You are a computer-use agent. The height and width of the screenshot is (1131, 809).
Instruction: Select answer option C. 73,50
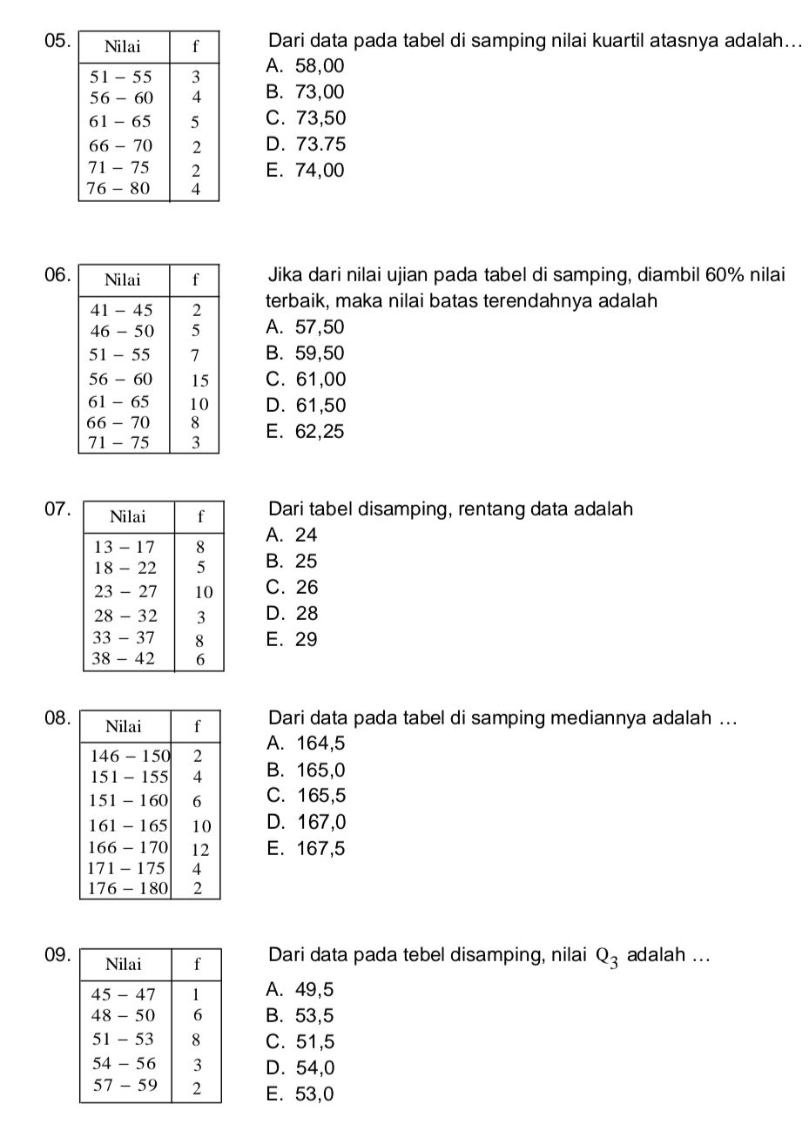307,118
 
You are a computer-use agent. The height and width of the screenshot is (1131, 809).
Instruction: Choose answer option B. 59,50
307,353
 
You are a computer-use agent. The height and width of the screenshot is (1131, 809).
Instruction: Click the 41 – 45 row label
122,309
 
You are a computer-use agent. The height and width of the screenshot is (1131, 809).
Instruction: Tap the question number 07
54,509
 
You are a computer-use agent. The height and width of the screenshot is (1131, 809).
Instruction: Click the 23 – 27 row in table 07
125,592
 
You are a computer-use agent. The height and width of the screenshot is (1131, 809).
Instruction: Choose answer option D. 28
294,614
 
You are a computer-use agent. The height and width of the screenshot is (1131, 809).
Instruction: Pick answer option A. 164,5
307,744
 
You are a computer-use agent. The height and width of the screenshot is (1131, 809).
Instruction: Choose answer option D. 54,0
302,1068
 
